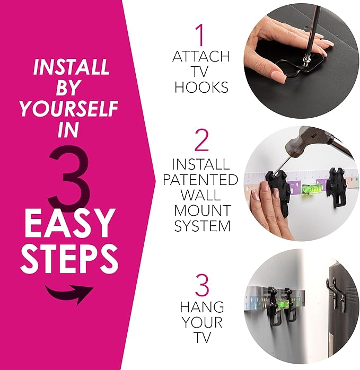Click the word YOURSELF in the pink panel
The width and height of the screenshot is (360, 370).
pos(68,109)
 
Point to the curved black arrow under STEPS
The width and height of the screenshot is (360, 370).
pos(68,293)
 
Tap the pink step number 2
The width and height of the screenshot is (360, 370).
pos(200,142)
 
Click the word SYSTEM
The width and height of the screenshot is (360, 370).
pos(200,226)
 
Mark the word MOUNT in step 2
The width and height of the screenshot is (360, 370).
pos(200,211)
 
